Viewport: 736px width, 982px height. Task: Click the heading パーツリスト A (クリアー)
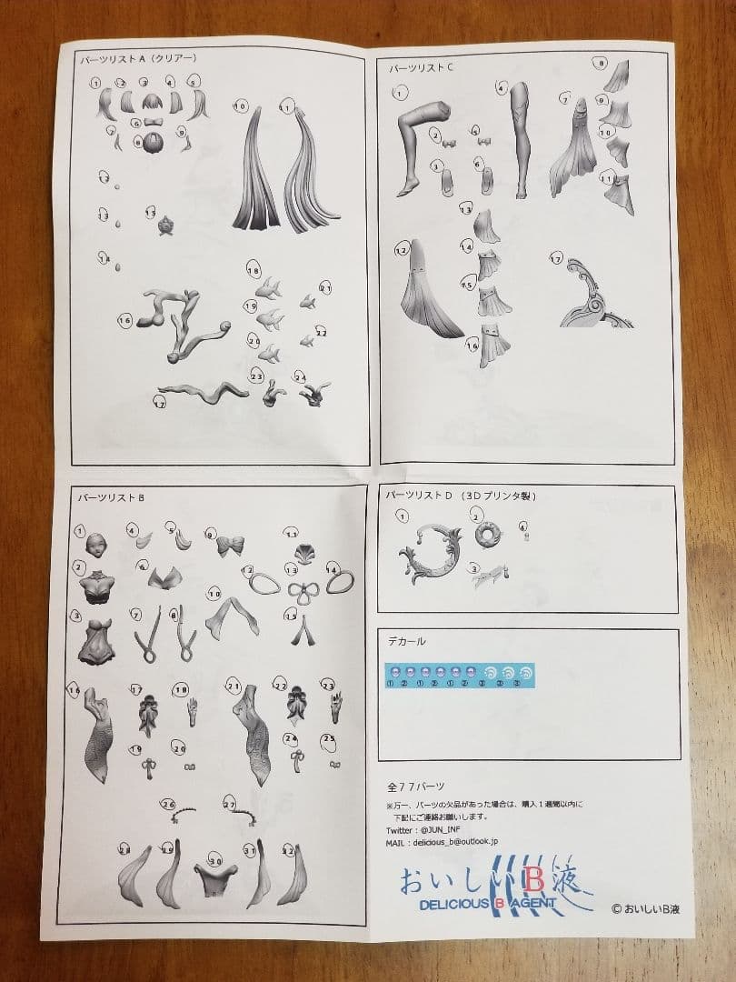point(137,58)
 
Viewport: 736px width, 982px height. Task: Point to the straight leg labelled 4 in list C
point(523,136)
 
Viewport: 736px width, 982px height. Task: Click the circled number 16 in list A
point(126,320)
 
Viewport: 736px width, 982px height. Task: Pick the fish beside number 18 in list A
point(269,288)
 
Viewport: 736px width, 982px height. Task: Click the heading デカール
point(405,641)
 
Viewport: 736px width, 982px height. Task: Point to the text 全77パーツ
point(415,786)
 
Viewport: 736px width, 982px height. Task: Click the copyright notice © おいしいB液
point(651,907)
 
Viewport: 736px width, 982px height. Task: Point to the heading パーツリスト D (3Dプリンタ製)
point(462,496)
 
